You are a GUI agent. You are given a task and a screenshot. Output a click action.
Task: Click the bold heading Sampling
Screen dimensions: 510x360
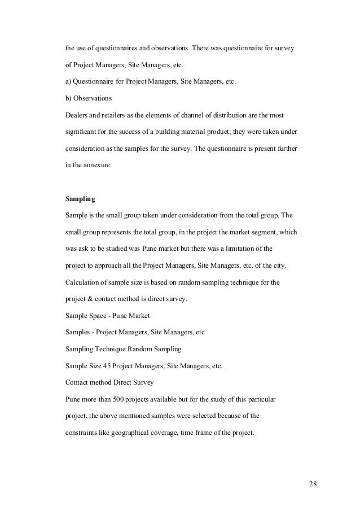point(80,199)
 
